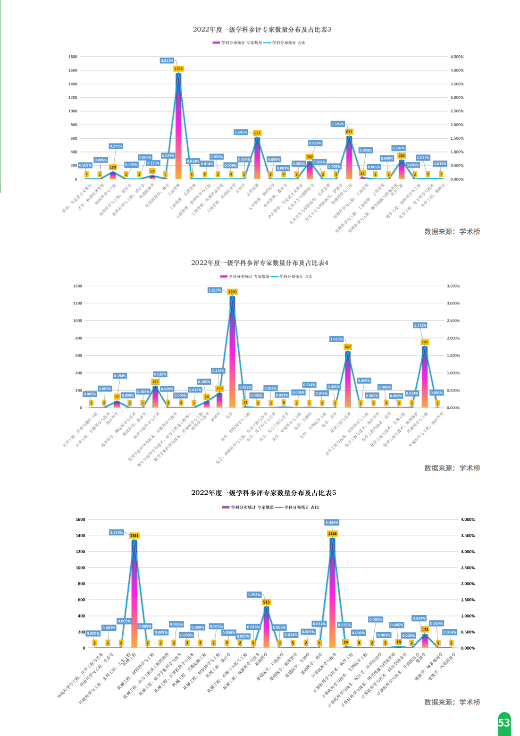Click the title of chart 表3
[x=262, y=29]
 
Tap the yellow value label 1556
[x=178, y=69]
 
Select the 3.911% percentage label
[x=167, y=60]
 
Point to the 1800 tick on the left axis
[x=73, y=57]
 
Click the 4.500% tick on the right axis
[x=457, y=57]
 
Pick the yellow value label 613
[x=257, y=133]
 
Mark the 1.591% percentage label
[x=338, y=124]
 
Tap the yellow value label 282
[x=402, y=156]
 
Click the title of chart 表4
[x=260, y=262]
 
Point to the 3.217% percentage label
[x=215, y=290]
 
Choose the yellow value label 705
[x=425, y=342]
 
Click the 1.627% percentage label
[x=336, y=339]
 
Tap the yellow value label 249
[x=155, y=381]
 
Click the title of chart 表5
[x=263, y=492]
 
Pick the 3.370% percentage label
[x=117, y=533]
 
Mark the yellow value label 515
[x=266, y=602]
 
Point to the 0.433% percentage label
[x=419, y=618]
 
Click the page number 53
[x=504, y=723]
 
